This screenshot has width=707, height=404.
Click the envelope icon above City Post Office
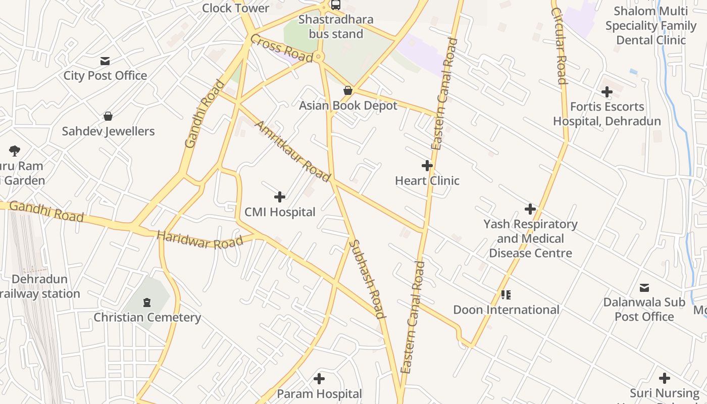click(105, 61)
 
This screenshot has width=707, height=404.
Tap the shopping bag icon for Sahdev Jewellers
click(108, 116)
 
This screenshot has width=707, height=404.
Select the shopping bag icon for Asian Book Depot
click(348, 90)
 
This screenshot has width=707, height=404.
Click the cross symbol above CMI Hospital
click(280, 197)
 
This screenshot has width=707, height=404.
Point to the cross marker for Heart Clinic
click(427, 166)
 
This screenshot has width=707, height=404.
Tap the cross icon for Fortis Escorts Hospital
click(607, 92)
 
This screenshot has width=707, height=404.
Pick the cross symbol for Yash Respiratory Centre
click(530, 209)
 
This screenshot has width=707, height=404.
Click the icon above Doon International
click(506, 294)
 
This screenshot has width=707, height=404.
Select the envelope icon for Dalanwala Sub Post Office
click(644, 288)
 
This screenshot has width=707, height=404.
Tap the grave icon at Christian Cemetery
click(147, 302)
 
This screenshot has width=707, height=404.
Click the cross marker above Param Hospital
click(319, 378)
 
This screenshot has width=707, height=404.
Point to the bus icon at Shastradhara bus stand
click(336, 5)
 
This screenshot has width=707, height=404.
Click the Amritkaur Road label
click(293, 150)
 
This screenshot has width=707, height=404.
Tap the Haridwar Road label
click(199, 239)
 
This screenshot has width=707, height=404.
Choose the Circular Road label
click(559, 45)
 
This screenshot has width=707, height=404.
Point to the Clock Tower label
click(236, 8)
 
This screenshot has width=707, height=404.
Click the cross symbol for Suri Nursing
click(665, 378)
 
